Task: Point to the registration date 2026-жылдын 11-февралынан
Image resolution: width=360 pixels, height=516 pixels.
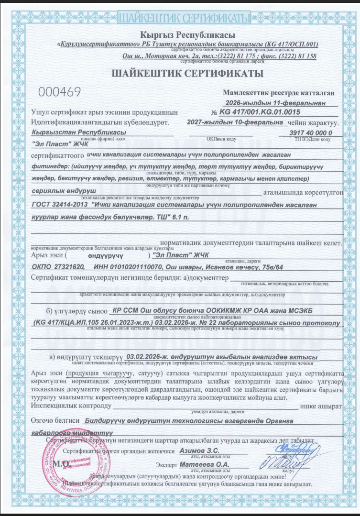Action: (280, 102)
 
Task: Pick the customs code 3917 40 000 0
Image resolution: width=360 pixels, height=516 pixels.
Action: (311, 132)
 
